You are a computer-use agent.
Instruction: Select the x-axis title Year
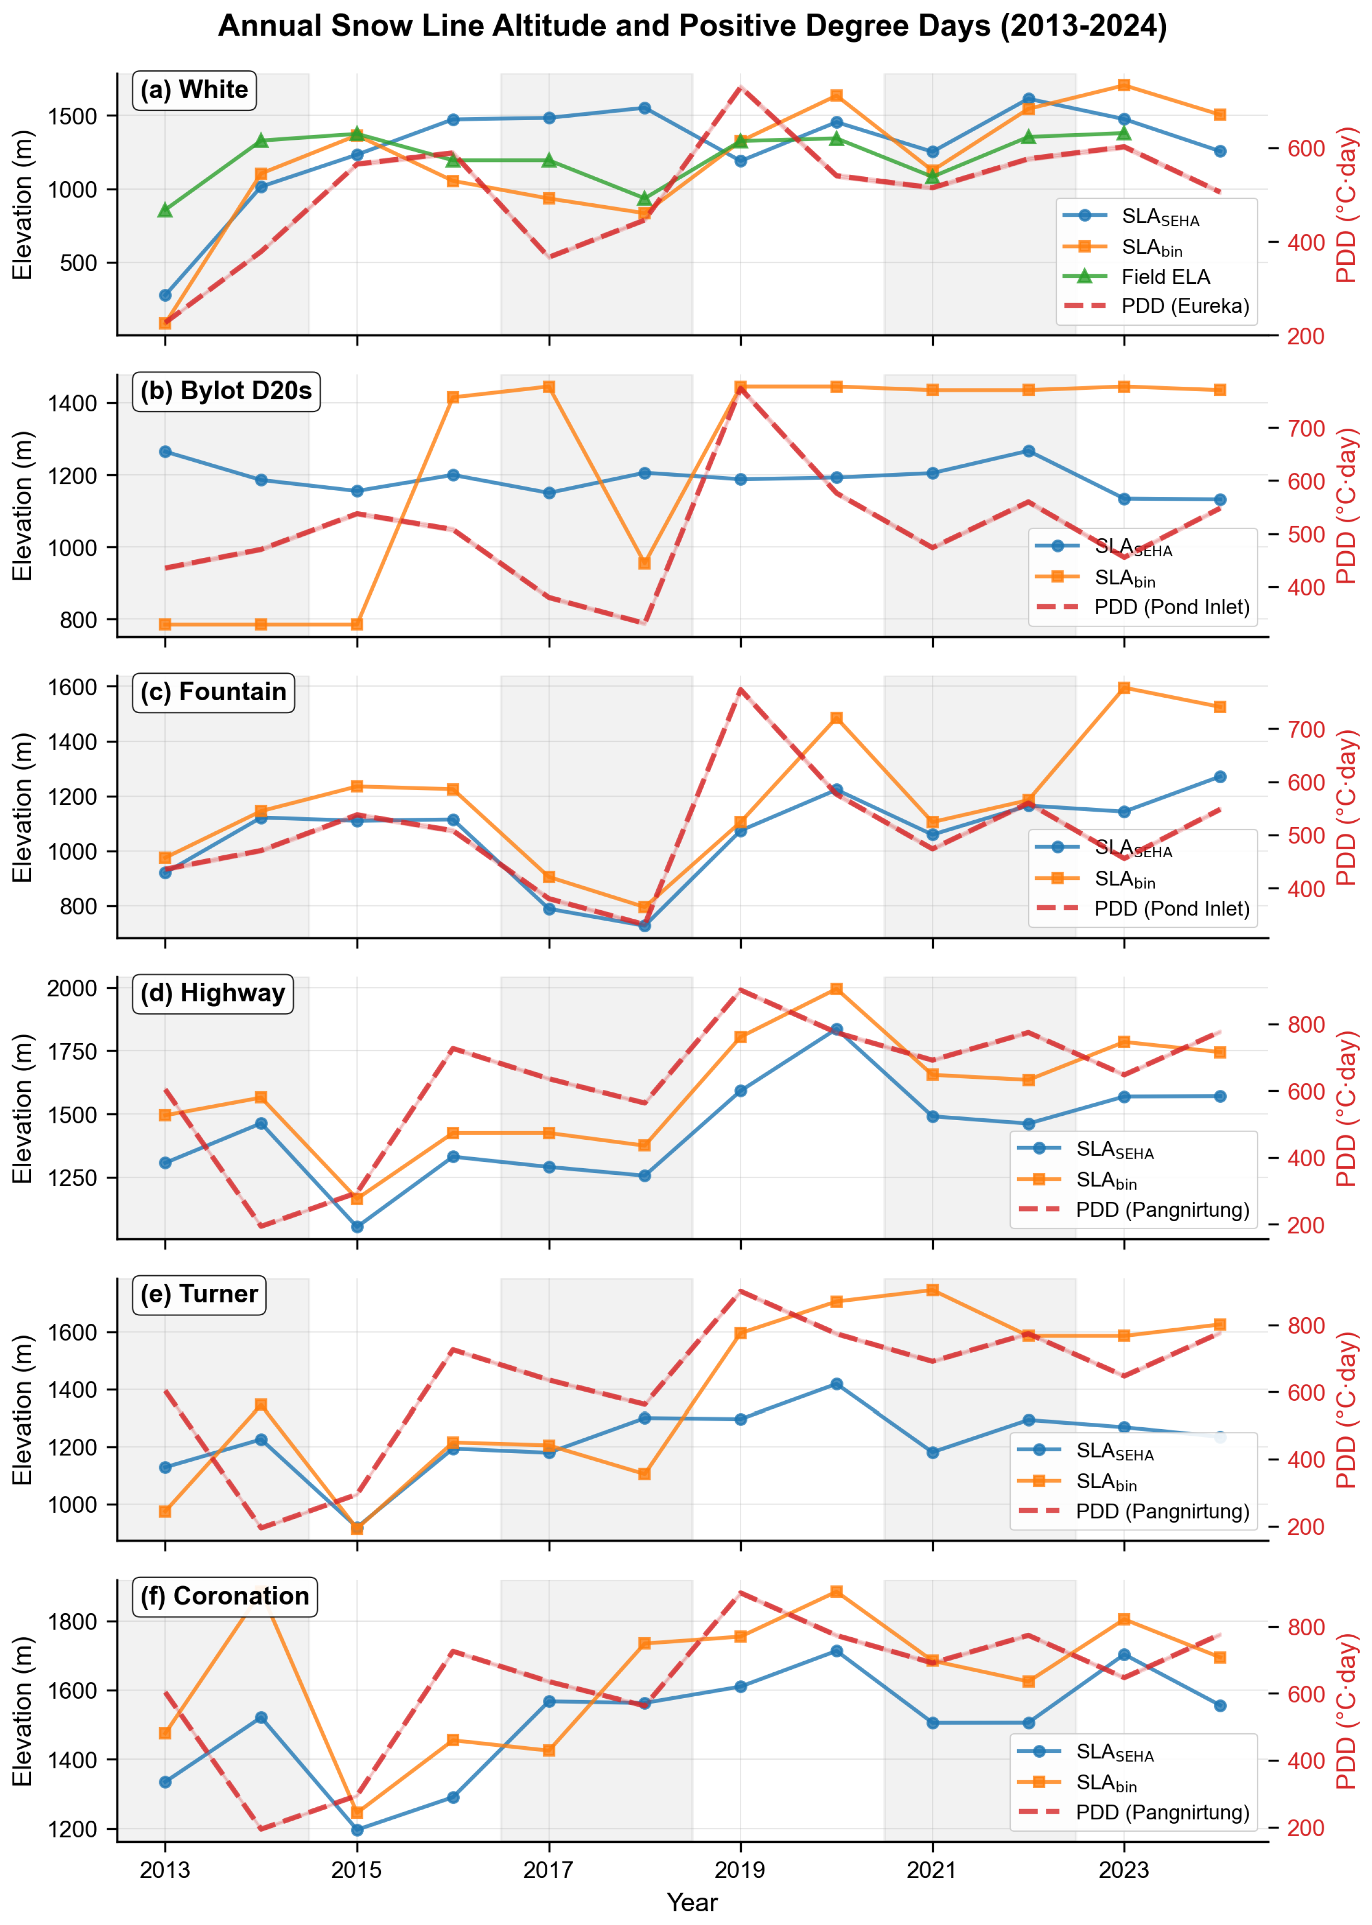[692, 1902]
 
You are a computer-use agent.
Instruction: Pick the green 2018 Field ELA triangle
[645, 198]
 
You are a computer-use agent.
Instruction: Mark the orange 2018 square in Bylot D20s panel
[645, 563]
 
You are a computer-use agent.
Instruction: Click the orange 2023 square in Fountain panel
[1124, 688]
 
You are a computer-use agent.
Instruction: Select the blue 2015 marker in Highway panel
[357, 1226]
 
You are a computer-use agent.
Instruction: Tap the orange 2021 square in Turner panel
[933, 1290]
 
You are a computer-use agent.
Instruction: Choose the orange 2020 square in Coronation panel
[836, 1591]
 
